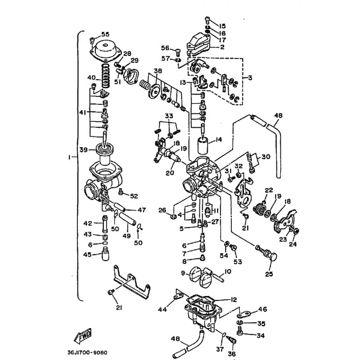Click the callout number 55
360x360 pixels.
tap(105, 35)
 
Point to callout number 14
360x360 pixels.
tap(218, 140)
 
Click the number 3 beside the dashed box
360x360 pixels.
tap(250, 78)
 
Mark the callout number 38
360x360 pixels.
tap(157, 71)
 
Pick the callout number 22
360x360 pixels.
tap(269, 190)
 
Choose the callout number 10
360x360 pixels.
tap(228, 271)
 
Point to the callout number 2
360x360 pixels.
tap(222, 47)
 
